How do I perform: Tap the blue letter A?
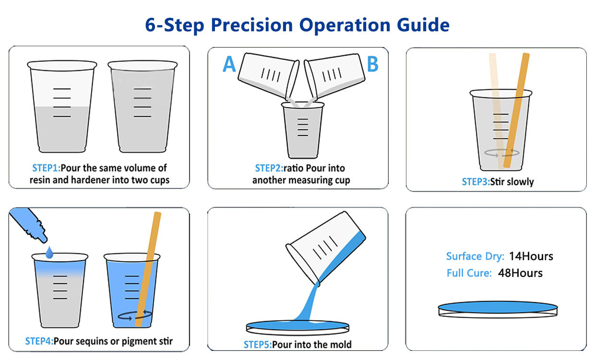[229, 64]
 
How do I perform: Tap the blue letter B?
[372, 64]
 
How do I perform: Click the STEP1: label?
[47, 168]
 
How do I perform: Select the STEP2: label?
[269, 168]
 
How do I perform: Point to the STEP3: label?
[475, 181]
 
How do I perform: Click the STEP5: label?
[257, 344]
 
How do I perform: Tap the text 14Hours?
[531, 256]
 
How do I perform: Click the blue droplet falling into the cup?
[49, 252]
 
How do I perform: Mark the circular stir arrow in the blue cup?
[135, 315]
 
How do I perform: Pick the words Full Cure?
[469, 273]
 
